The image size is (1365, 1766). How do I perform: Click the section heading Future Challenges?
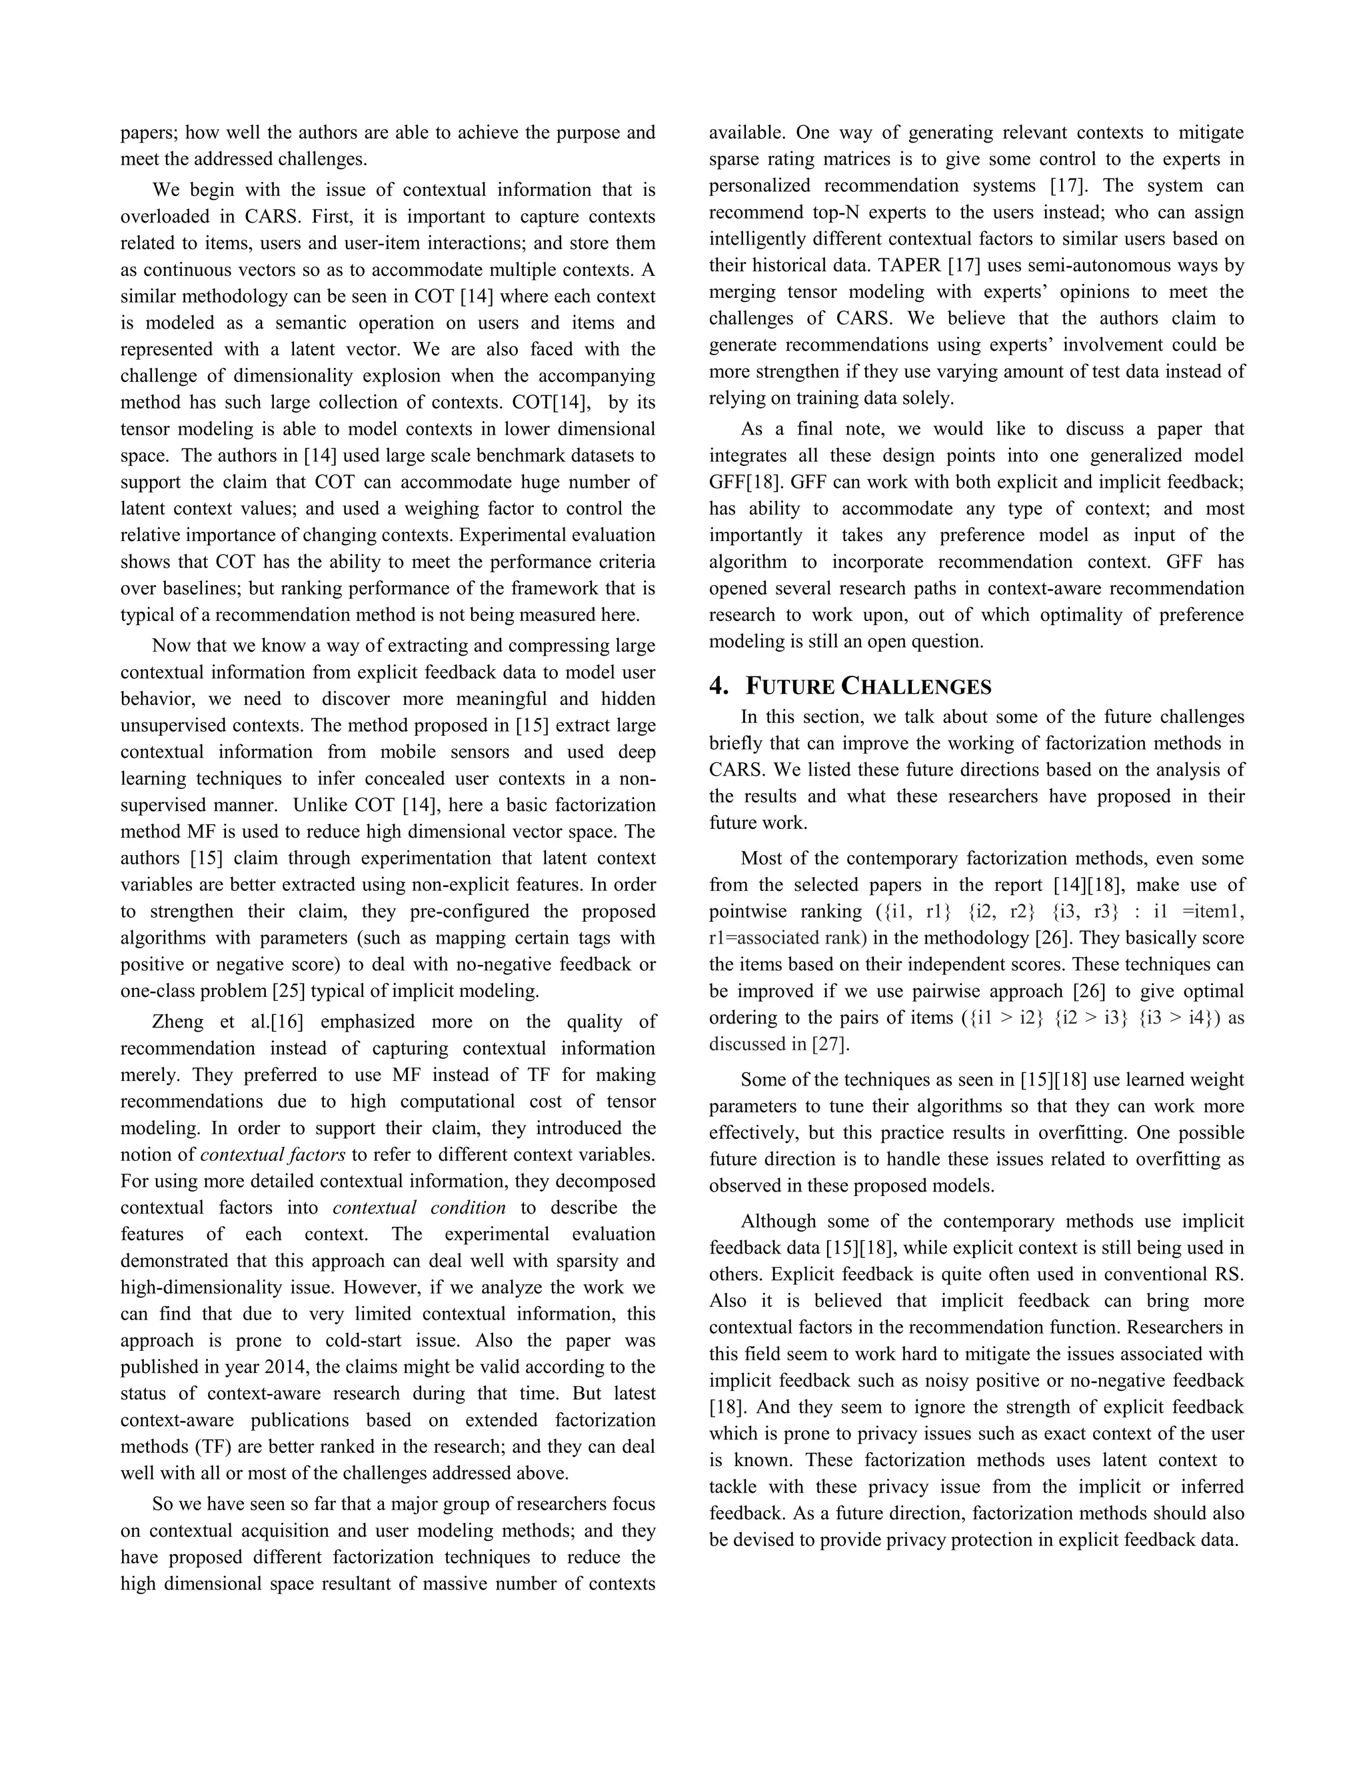pyautogui.click(x=868, y=686)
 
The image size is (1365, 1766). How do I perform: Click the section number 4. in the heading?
pyautogui.click(x=719, y=686)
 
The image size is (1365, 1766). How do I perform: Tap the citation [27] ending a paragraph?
pyautogui.click(x=830, y=1044)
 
